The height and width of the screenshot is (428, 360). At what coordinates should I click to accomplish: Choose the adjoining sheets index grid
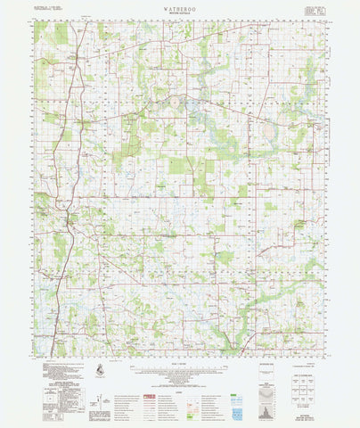pyautogui.click(x=304, y=379)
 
